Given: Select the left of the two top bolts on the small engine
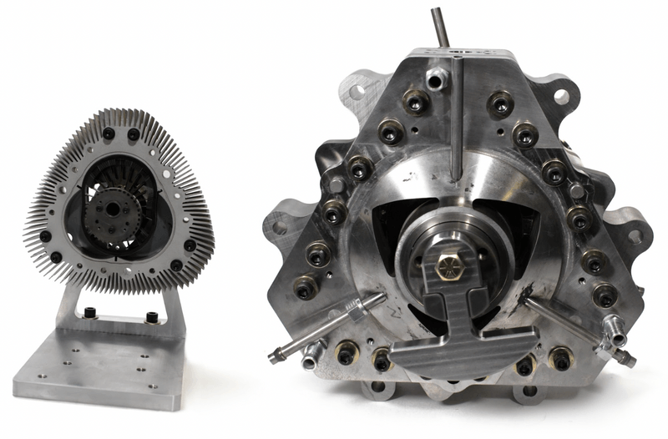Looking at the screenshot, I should (109, 134).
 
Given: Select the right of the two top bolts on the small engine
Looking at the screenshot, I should (134, 134).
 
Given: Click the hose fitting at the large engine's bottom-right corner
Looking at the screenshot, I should (619, 357).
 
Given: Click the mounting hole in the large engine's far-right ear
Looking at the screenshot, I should (635, 236).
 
